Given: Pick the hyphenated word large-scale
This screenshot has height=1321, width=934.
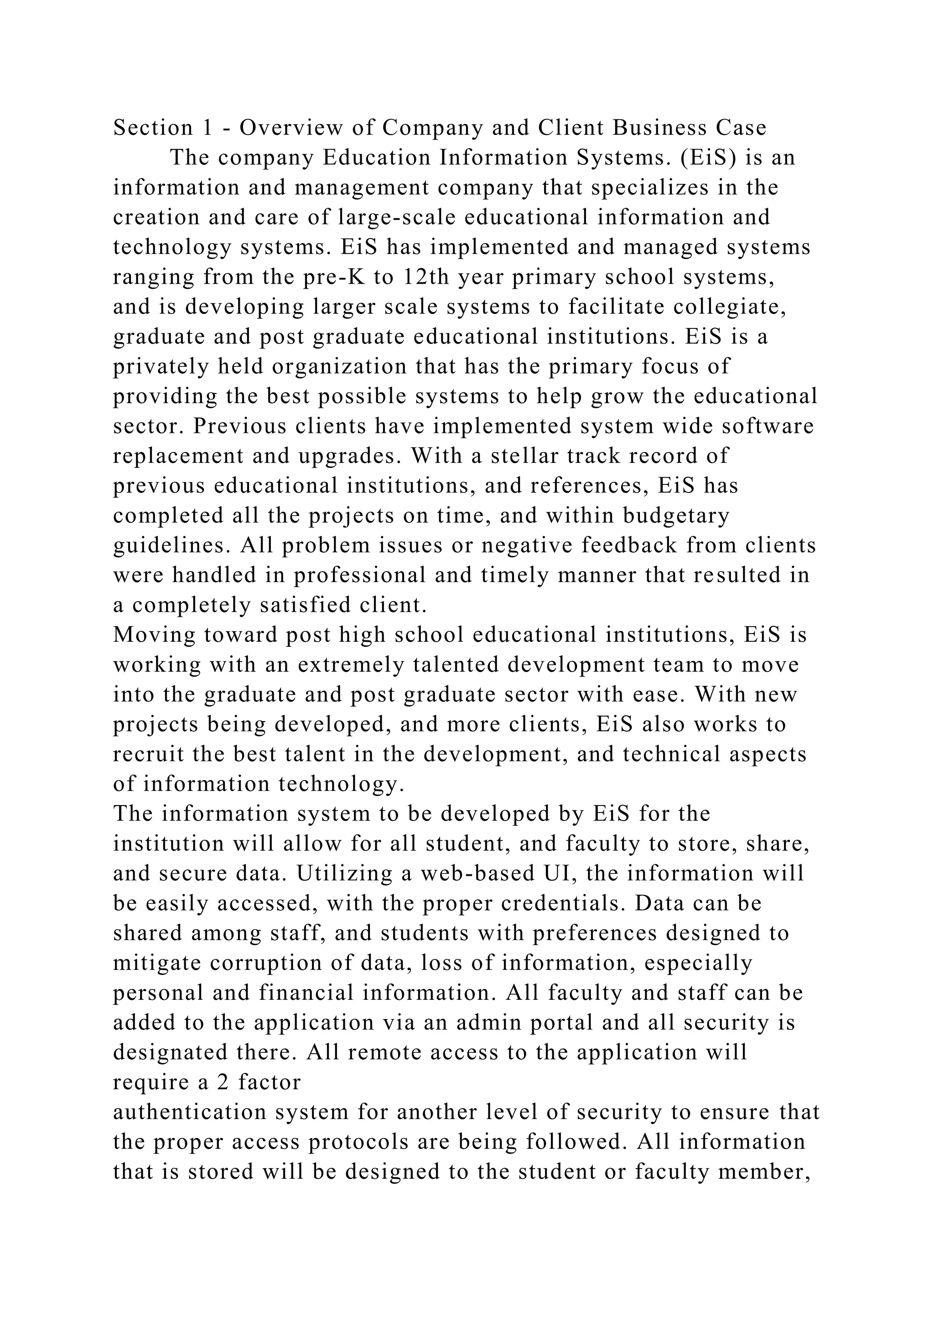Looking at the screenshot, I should click(x=397, y=218).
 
